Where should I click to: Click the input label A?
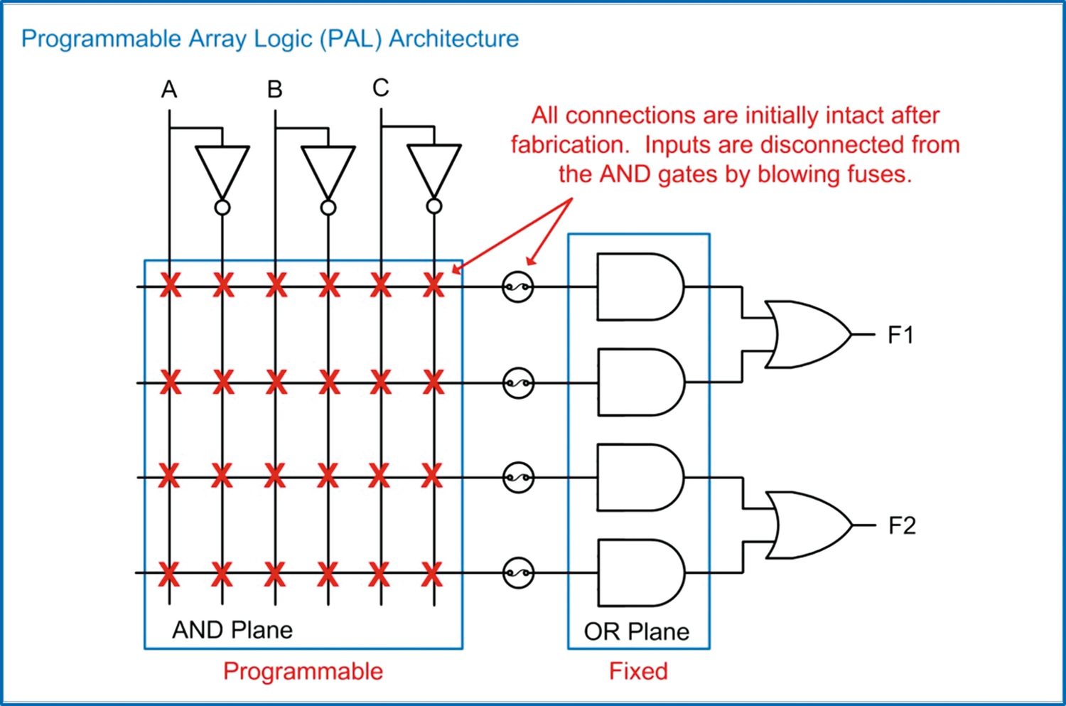pyautogui.click(x=168, y=90)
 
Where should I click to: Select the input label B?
pyautogui.click(x=274, y=90)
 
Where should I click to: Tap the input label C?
pyautogui.click(x=380, y=88)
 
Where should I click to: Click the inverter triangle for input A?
pyautogui.click(x=222, y=169)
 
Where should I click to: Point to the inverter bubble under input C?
pyautogui.click(x=434, y=206)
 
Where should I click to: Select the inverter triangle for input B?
pyautogui.click(x=328, y=169)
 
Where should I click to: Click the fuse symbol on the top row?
pyautogui.click(x=517, y=287)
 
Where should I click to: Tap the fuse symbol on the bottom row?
pyautogui.click(x=518, y=572)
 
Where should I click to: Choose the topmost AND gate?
pyautogui.click(x=638, y=287)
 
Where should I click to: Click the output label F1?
pyautogui.click(x=900, y=335)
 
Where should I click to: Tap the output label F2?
pyautogui.click(x=902, y=525)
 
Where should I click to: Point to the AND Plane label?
pyautogui.click(x=232, y=630)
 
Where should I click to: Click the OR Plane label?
pyautogui.click(x=636, y=631)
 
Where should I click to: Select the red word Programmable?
pyautogui.click(x=303, y=671)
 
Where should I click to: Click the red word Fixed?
pyautogui.click(x=638, y=671)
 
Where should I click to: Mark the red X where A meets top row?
pyautogui.click(x=169, y=286)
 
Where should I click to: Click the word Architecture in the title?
pyautogui.click(x=453, y=38)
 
